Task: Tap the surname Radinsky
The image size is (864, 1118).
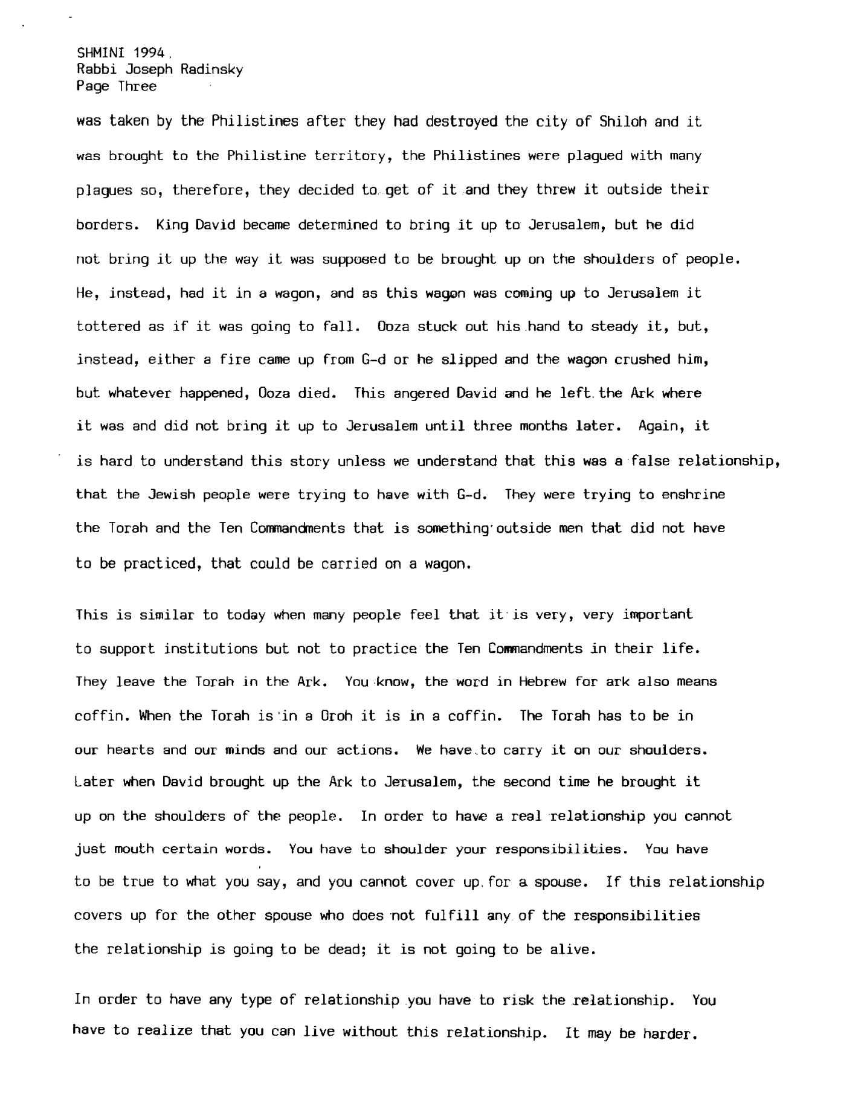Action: [211, 69]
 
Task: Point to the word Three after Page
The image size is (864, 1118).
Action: [137, 86]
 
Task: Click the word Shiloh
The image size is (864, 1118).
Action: [623, 121]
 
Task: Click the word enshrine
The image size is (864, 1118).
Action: [693, 495]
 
